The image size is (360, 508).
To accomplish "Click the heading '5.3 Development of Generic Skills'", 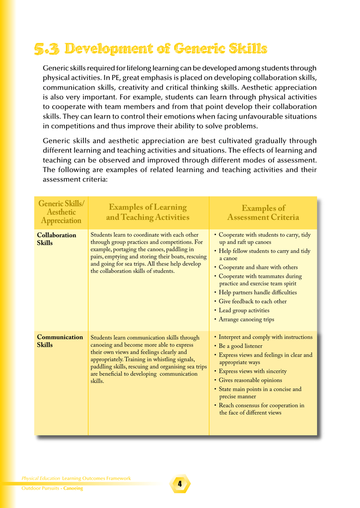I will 150,49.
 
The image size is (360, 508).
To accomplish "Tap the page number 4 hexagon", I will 180,483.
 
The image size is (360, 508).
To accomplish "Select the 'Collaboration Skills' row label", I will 57,239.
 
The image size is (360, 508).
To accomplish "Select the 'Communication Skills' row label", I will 60,341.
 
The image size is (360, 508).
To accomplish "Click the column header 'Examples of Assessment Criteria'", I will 263,213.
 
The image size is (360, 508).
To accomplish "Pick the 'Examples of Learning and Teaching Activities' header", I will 147,212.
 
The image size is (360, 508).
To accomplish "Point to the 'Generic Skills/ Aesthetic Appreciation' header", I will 61,212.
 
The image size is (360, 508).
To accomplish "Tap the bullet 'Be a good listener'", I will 240,346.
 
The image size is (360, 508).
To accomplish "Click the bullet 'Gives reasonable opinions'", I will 250,381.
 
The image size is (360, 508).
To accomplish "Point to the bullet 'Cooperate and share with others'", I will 258,267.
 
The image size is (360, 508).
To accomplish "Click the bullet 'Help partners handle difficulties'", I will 257,292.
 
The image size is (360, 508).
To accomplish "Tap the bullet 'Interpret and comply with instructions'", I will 265,337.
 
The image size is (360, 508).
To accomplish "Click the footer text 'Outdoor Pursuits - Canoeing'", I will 52,489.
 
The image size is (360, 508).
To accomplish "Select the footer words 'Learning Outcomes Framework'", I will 96,478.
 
